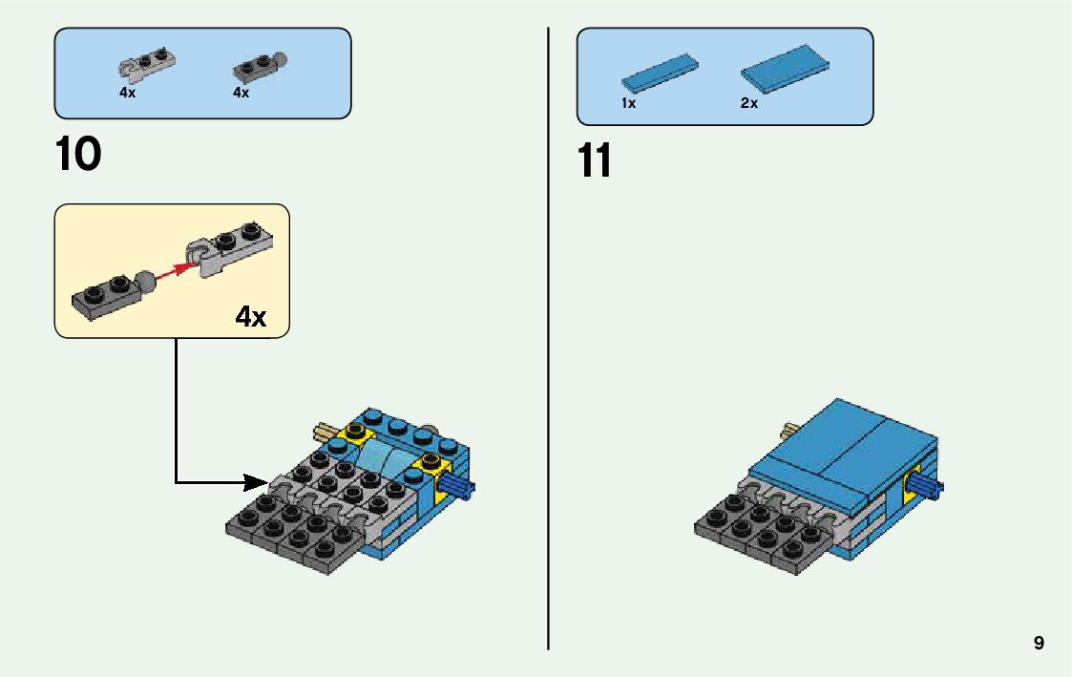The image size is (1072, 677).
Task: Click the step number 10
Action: pos(78,155)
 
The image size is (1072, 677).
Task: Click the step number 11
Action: pos(594,161)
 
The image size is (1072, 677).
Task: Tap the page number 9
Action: pos(1039,644)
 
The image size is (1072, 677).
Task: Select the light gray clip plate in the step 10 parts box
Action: pos(146,63)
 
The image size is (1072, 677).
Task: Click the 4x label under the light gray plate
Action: pos(127,94)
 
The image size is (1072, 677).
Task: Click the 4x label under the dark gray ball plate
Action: pos(241,94)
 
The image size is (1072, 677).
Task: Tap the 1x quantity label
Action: pos(628,103)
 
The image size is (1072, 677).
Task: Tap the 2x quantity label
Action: pos(749,103)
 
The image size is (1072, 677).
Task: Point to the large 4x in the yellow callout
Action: pos(251,317)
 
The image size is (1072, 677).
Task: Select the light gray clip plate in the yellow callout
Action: pos(229,245)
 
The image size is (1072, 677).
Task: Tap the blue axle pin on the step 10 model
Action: pos(460,489)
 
